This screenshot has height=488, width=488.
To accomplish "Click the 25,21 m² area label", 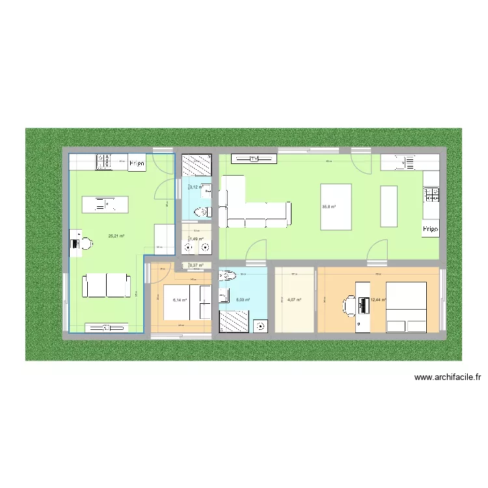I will tap(116, 236).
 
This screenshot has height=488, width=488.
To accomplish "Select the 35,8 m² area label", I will tap(329, 207).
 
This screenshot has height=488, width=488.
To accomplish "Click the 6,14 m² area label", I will tap(180, 300).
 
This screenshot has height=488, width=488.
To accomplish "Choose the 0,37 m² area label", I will tap(197, 265).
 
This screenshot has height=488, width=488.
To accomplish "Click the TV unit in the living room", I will tap(254, 159).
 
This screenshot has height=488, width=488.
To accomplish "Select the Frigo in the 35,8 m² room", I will tap(431, 229).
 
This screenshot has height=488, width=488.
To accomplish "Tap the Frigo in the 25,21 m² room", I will tap(136, 163).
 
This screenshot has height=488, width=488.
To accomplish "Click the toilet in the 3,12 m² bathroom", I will tap(202, 211).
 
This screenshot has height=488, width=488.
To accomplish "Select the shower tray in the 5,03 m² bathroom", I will tap(234, 321).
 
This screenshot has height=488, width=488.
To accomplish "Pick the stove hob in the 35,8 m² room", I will tap(431, 193).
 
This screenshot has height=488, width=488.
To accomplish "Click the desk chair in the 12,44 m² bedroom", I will tap(347, 304).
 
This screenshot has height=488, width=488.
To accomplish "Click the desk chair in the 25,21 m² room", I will tap(85, 243).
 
